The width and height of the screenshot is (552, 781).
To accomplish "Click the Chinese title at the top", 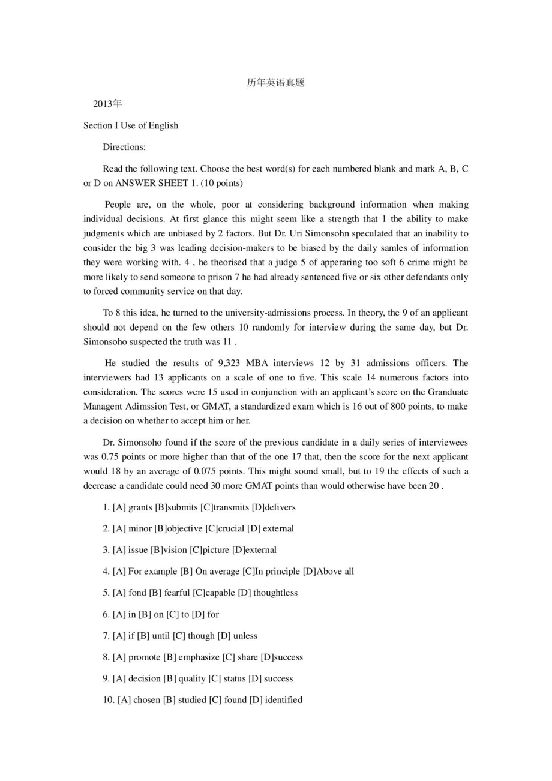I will pyautogui.click(x=275, y=83).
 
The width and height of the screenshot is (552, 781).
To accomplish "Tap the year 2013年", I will pyautogui.click(x=107, y=104).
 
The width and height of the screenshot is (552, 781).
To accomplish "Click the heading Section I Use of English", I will pyautogui.click(x=131, y=125).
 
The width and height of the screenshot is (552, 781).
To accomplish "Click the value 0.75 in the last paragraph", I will pyautogui.click(x=111, y=456).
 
